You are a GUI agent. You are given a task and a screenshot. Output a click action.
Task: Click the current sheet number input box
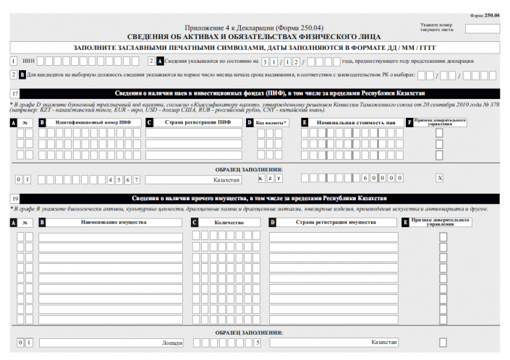[x=482, y=30]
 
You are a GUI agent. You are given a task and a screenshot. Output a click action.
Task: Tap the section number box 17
[x=15, y=94]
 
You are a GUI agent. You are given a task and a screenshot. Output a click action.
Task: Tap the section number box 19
[x=15, y=199]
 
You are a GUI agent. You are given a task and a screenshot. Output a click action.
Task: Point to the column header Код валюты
[x=272, y=123]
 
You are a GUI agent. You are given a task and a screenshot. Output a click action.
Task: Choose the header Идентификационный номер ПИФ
[x=93, y=123]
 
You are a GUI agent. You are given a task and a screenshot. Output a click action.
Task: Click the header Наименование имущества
[x=110, y=222]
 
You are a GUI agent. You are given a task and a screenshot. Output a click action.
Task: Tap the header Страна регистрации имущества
[x=333, y=222]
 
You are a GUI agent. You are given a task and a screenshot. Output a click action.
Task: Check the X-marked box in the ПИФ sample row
[x=439, y=178]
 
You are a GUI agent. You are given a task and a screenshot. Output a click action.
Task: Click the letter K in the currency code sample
[x=260, y=178]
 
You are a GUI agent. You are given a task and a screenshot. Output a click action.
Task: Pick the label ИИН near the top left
[x=29, y=61]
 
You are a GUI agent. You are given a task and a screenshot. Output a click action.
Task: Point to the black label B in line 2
[x=22, y=75]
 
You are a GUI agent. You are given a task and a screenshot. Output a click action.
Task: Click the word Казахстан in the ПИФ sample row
[x=226, y=179]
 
